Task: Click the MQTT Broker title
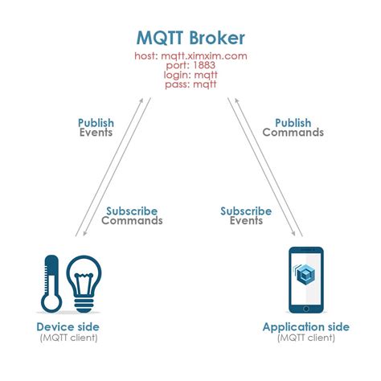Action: point(190,39)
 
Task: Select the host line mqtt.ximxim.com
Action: point(190,57)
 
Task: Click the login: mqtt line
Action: point(190,75)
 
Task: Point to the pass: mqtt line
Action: point(190,84)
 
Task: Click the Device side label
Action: point(68,327)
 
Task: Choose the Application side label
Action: point(306,327)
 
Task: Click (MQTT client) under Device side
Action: point(68,338)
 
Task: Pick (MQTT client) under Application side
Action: point(306,338)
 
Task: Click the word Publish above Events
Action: point(96,123)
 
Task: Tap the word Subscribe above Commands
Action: point(132,211)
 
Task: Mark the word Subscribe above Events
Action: point(246,211)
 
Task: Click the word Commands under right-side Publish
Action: point(293,133)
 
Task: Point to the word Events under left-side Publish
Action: point(96,133)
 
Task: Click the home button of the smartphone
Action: point(306,307)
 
